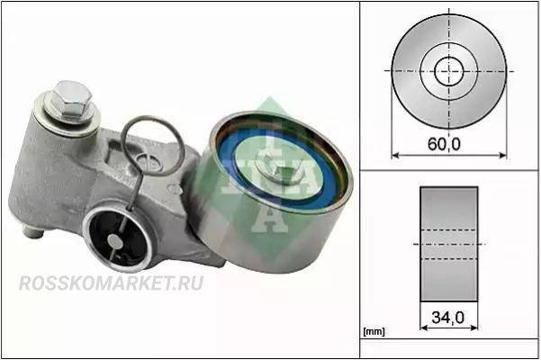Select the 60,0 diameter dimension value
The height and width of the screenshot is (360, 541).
pyautogui.click(x=444, y=143)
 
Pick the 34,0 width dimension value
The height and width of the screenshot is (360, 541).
pyautogui.click(x=448, y=317)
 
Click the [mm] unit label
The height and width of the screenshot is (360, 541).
pyautogui.click(x=374, y=332)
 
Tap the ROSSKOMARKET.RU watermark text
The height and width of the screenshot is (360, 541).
pyautogui.click(x=111, y=283)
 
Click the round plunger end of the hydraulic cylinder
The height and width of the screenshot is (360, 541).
pyautogui.click(x=114, y=241)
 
